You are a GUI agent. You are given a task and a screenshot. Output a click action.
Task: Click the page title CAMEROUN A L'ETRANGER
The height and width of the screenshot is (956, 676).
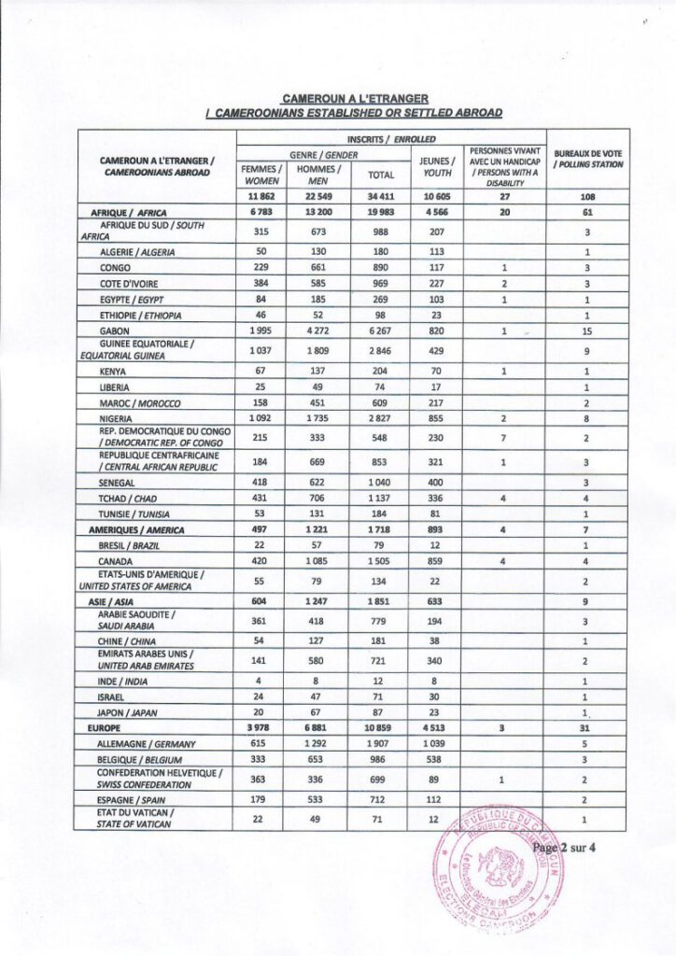click(x=354, y=97)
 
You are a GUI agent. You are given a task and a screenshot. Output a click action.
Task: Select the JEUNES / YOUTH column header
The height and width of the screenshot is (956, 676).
click(x=437, y=166)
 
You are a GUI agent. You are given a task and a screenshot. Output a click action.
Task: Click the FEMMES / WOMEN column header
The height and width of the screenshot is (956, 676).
click(x=261, y=175)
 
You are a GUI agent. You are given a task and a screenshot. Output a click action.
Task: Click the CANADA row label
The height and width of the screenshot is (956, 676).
click(x=117, y=561)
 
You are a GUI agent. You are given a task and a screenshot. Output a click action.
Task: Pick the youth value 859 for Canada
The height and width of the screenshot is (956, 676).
click(x=437, y=561)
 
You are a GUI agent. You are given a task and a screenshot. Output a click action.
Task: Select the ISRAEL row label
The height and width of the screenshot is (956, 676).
click(x=113, y=696)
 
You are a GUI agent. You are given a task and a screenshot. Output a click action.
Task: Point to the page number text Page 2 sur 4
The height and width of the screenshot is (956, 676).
click(x=558, y=848)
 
